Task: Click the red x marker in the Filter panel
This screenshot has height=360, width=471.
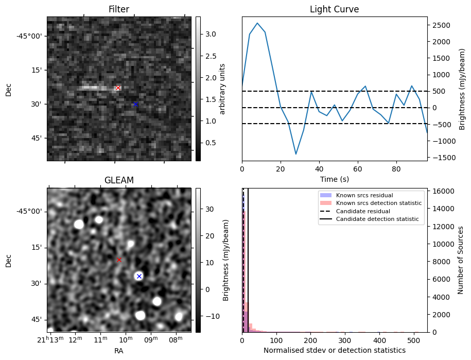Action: pyautogui.click(x=118, y=88)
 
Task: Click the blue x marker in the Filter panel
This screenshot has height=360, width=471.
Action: pyautogui.click(x=135, y=104)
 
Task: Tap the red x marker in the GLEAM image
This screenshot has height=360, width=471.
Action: pyautogui.click(x=119, y=260)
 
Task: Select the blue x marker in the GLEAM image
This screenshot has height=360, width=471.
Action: pyautogui.click(x=138, y=276)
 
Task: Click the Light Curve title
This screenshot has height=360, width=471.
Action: pyautogui.click(x=334, y=9)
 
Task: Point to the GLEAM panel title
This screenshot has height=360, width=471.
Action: pyautogui.click(x=119, y=180)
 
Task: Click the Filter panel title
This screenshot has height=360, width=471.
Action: pyautogui.click(x=119, y=9)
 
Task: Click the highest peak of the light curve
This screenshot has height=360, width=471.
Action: pyautogui.click(x=257, y=23)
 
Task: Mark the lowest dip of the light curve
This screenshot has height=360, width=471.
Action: pyautogui.click(x=295, y=154)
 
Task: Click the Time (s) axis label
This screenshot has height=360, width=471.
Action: pyautogui.click(x=334, y=178)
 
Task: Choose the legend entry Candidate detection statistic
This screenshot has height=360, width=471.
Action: pyautogui.click(x=379, y=220)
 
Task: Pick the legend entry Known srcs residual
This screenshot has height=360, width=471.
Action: pyautogui.click(x=364, y=195)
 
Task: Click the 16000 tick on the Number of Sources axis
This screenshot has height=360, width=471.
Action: pyautogui.click(x=443, y=191)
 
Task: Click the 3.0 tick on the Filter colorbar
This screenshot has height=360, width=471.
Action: pyautogui.click(x=210, y=34)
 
